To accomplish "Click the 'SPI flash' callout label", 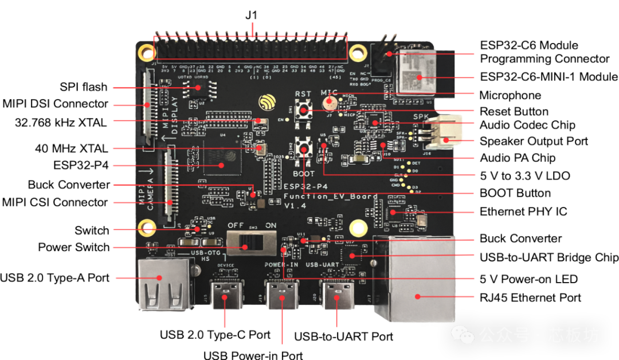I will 84,87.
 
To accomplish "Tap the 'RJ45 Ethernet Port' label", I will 531,298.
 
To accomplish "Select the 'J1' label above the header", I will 250,15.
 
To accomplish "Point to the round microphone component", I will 330,103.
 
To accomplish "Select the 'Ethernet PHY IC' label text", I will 523,212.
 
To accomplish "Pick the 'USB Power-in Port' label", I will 253,354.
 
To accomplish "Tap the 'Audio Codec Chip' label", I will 527,125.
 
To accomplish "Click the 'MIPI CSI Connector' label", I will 54,202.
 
